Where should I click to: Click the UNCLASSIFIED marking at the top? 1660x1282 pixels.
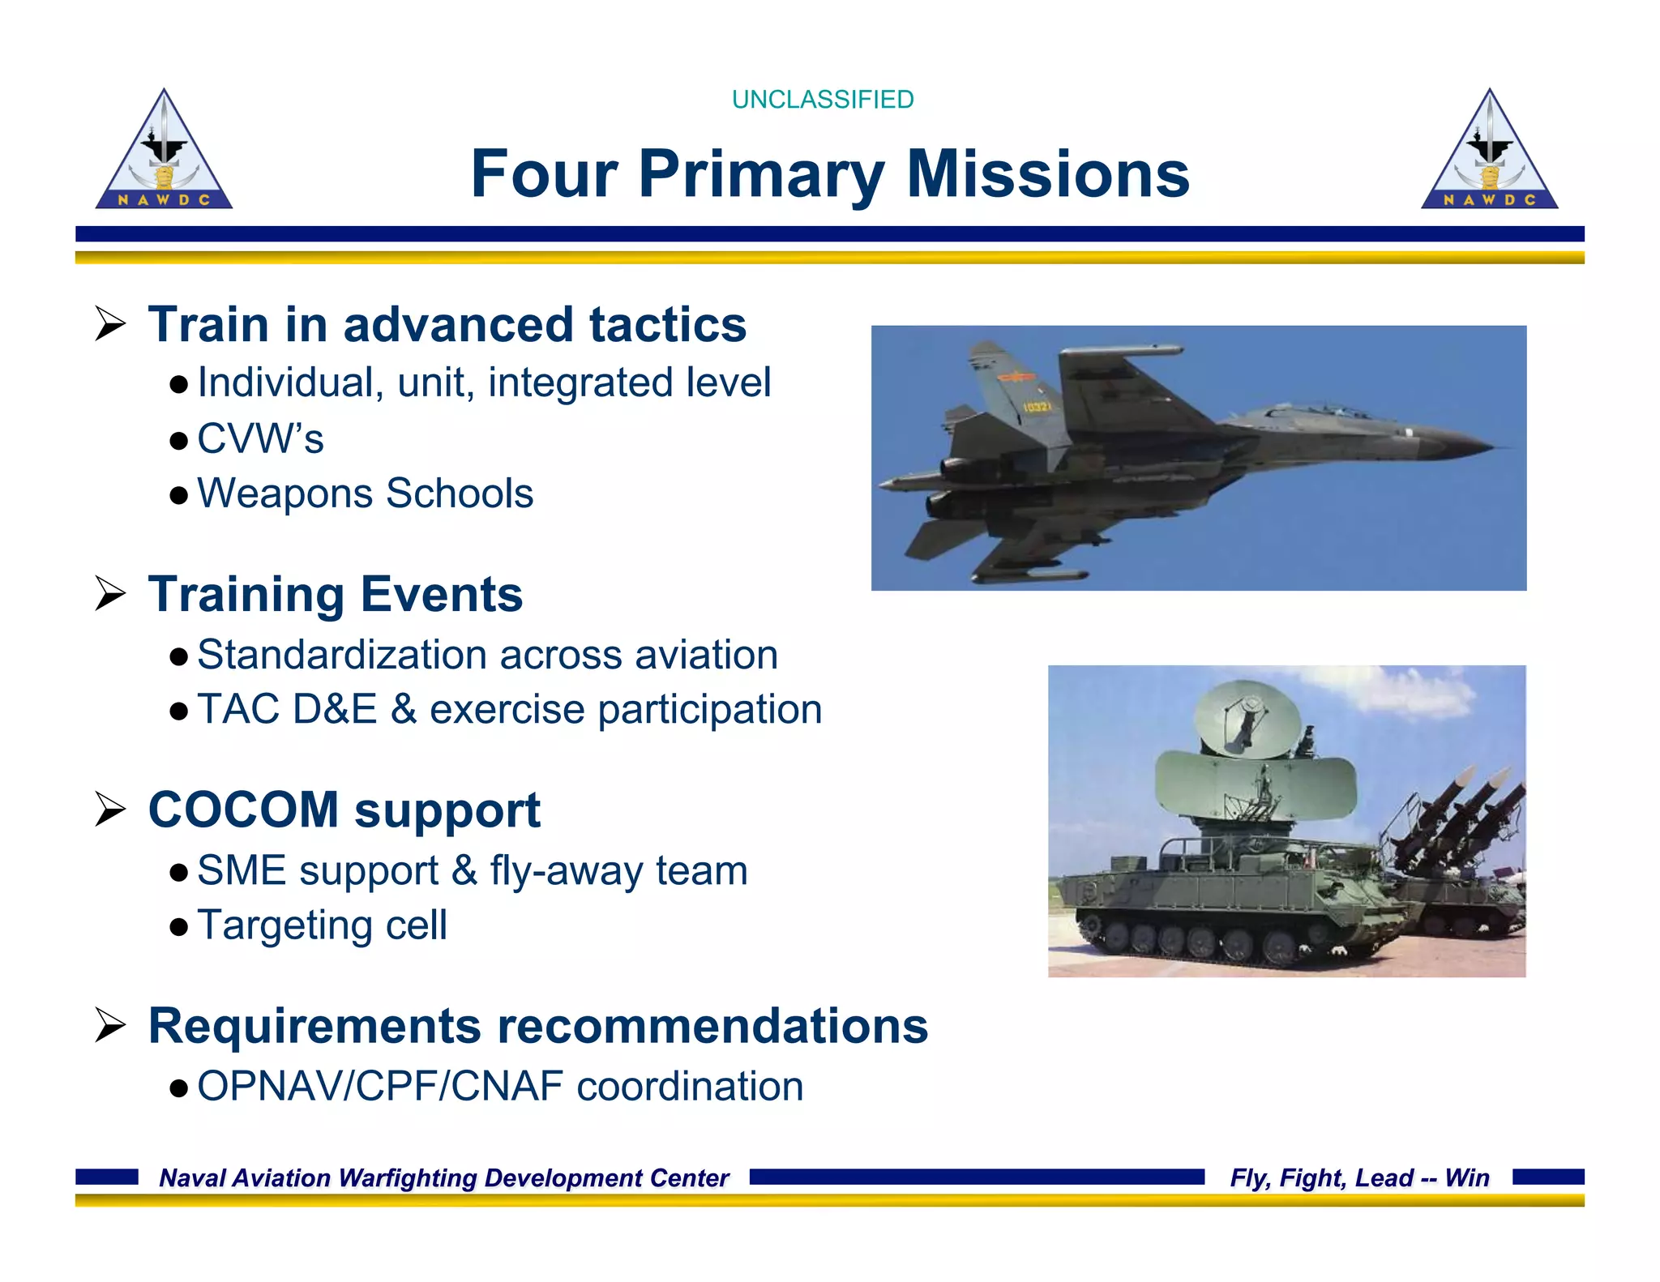(822, 99)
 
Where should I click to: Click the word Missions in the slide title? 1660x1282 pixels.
(1047, 174)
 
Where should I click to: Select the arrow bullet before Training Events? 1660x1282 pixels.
(110, 594)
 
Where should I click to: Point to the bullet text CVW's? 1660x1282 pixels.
(260, 439)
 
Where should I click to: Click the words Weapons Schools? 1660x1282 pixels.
(365, 494)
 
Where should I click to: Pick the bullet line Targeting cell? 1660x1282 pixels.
(322, 925)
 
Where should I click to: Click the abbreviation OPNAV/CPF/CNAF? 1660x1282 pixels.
(379, 1086)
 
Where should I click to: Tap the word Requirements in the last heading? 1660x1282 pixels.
(314, 1026)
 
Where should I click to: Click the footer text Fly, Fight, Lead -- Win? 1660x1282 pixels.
(1359, 1177)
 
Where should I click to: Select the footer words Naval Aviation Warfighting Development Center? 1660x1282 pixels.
(443, 1177)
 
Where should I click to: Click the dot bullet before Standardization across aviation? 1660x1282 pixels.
(179, 656)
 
